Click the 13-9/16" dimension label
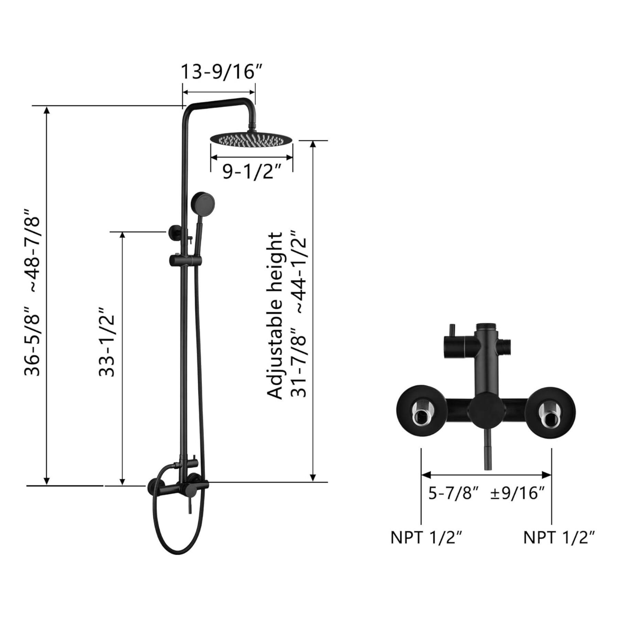coord(222,72)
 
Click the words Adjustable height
coord(275,316)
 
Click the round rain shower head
coord(251,139)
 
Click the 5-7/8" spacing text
coord(453,493)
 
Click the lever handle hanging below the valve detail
coord(488,450)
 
